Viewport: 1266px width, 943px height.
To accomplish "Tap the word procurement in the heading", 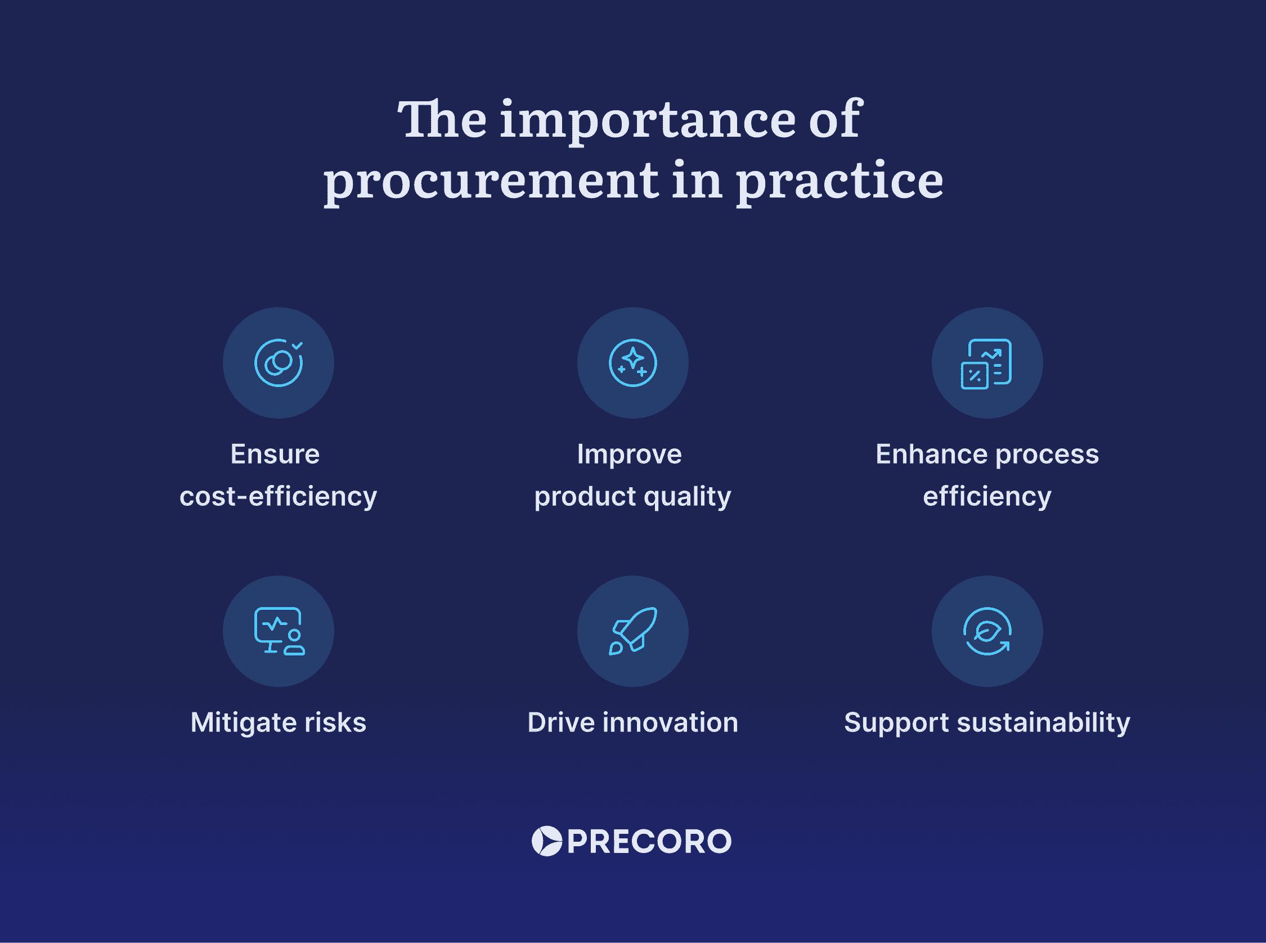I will (491, 182).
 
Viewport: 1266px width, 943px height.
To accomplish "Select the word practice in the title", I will (839, 182).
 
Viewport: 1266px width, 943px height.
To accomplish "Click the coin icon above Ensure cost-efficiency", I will (279, 363).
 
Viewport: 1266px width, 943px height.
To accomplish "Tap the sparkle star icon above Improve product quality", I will (632, 363).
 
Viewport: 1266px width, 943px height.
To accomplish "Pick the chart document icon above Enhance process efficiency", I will (987, 363).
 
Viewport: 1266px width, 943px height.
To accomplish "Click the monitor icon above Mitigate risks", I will (279, 631).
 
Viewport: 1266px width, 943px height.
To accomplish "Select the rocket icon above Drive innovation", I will (632, 631).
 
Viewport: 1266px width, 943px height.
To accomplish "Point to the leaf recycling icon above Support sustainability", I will (987, 631).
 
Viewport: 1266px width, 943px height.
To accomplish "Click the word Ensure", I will (275, 455).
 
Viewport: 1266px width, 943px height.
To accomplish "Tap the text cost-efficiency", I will (279, 497).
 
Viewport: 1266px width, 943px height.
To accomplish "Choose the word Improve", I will (629, 455).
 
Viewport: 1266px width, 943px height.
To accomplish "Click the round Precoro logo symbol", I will (547, 841).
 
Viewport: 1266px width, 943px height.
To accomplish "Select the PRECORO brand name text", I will (649, 841).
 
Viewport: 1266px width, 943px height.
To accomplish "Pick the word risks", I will (335, 722).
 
